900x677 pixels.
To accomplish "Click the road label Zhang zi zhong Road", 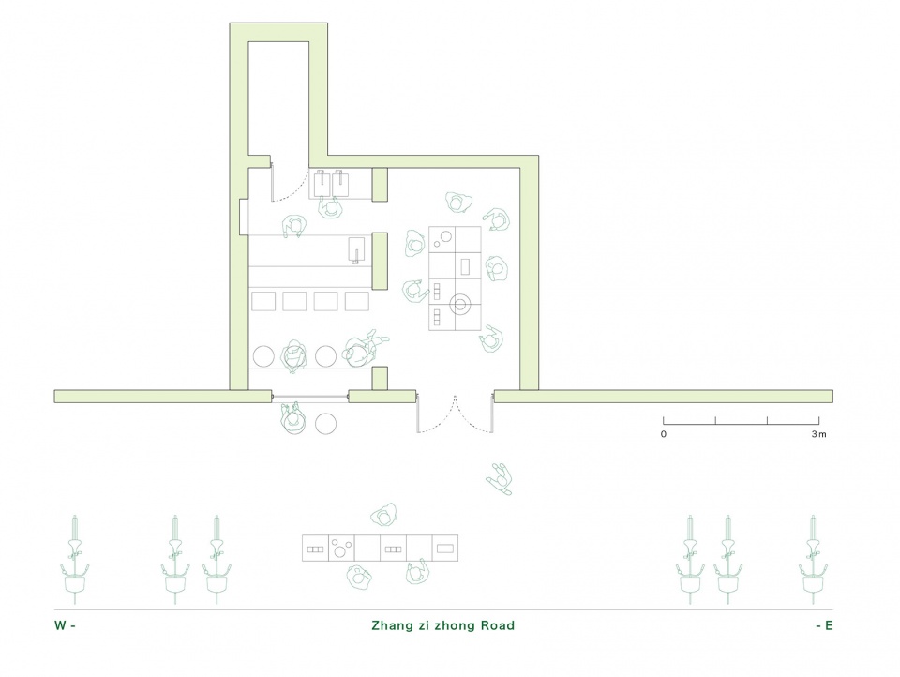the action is pos(442,625).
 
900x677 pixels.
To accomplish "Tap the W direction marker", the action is pos(65,625).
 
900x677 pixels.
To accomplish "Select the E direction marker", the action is pos(824,625).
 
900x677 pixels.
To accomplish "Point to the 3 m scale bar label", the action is pos(819,434).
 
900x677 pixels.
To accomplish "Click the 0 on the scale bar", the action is pos(664,434).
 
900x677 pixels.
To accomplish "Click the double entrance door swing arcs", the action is pos(456,414).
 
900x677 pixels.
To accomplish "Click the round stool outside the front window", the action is pos(326,424).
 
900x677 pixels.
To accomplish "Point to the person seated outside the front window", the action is pos(292,418).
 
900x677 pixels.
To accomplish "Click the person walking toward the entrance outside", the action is pos(500,479).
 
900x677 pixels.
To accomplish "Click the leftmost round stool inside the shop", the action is pos(264,356).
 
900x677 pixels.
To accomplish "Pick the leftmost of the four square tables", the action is pos(263,302).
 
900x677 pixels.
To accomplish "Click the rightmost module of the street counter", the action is pos(444,549).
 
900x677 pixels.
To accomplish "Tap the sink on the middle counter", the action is pos(357,249).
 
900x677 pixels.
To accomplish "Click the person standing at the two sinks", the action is pos(330,207).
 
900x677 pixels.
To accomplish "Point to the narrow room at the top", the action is pos(278,98).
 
